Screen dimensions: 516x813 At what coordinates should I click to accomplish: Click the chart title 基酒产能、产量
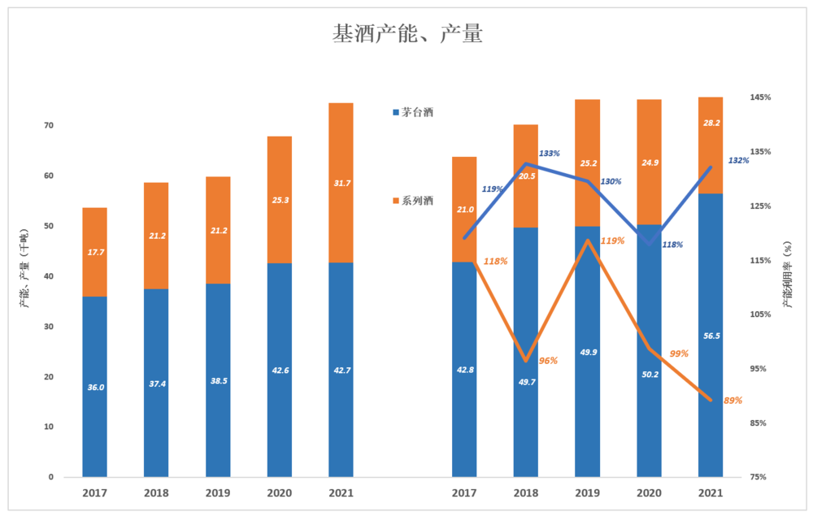tap(407, 34)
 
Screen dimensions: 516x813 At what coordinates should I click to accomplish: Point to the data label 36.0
tap(95, 388)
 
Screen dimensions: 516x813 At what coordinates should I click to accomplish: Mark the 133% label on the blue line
tap(550, 154)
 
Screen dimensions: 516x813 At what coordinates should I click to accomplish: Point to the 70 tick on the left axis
tap(48, 125)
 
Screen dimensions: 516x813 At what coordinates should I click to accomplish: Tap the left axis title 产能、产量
tap(24, 269)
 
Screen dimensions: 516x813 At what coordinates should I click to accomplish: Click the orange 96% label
tap(548, 360)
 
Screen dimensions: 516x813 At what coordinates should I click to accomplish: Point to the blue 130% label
tap(611, 182)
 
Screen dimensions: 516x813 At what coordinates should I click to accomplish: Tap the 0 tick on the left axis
tap(50, 477)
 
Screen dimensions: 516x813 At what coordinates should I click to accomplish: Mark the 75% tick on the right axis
tap(759, 477)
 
